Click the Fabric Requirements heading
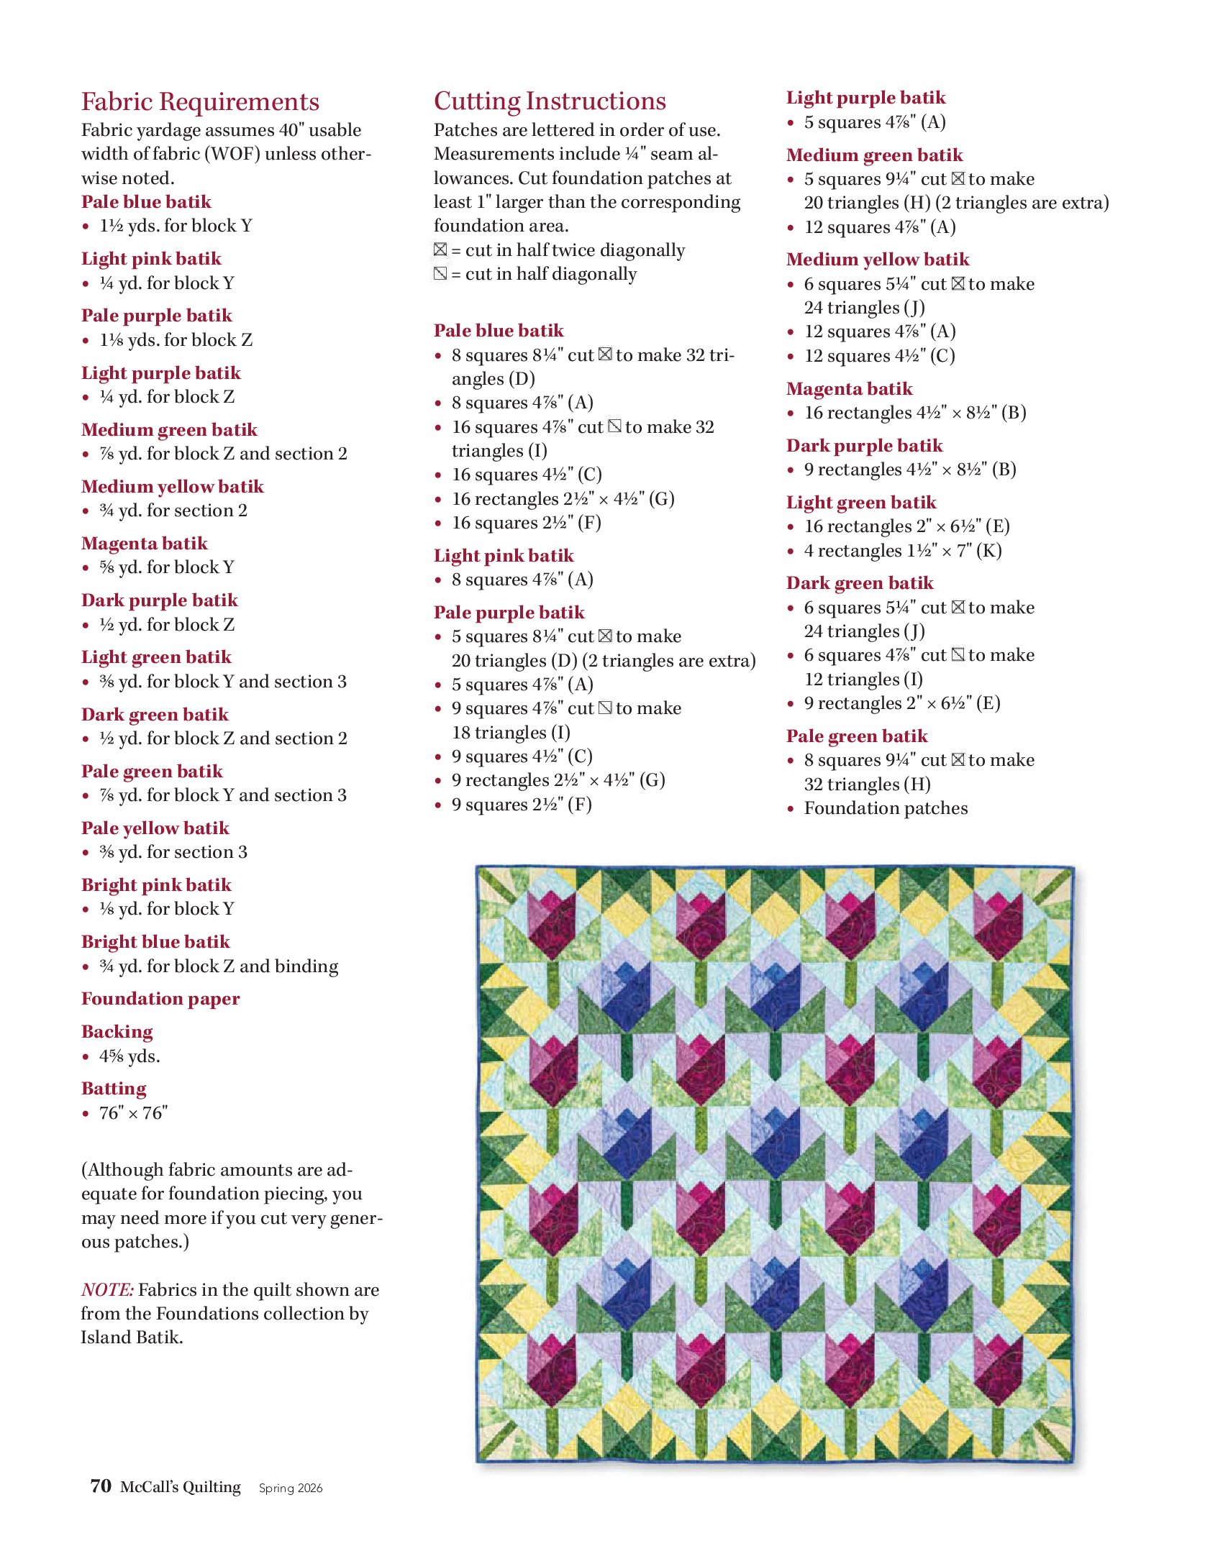[x=200, y=102]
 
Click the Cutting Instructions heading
[x=550, y=101]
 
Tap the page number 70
[x=100, y=1486]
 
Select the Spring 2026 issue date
[x=291, y=1488]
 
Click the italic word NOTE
[x=107, y=1289]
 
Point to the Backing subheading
[x=117, y=1032]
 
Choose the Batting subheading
[x=114, y=1089]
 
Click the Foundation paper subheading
[x=160, y=999]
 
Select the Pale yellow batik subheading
[x=155, y=828]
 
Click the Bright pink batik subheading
[x=156, y=885]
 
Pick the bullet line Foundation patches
[x=886, y=808]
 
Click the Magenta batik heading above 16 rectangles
[x=849, y=389]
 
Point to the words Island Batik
[x=132, y=1337]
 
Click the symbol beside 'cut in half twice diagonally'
[x=440, y=250]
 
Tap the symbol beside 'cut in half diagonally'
[x=440, y=273]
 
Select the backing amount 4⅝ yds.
[x=129, y=1056]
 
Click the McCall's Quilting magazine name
[x=181, y=1486]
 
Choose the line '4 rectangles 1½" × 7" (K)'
[x=902, y=551]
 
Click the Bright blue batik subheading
[x=155, y=942]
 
